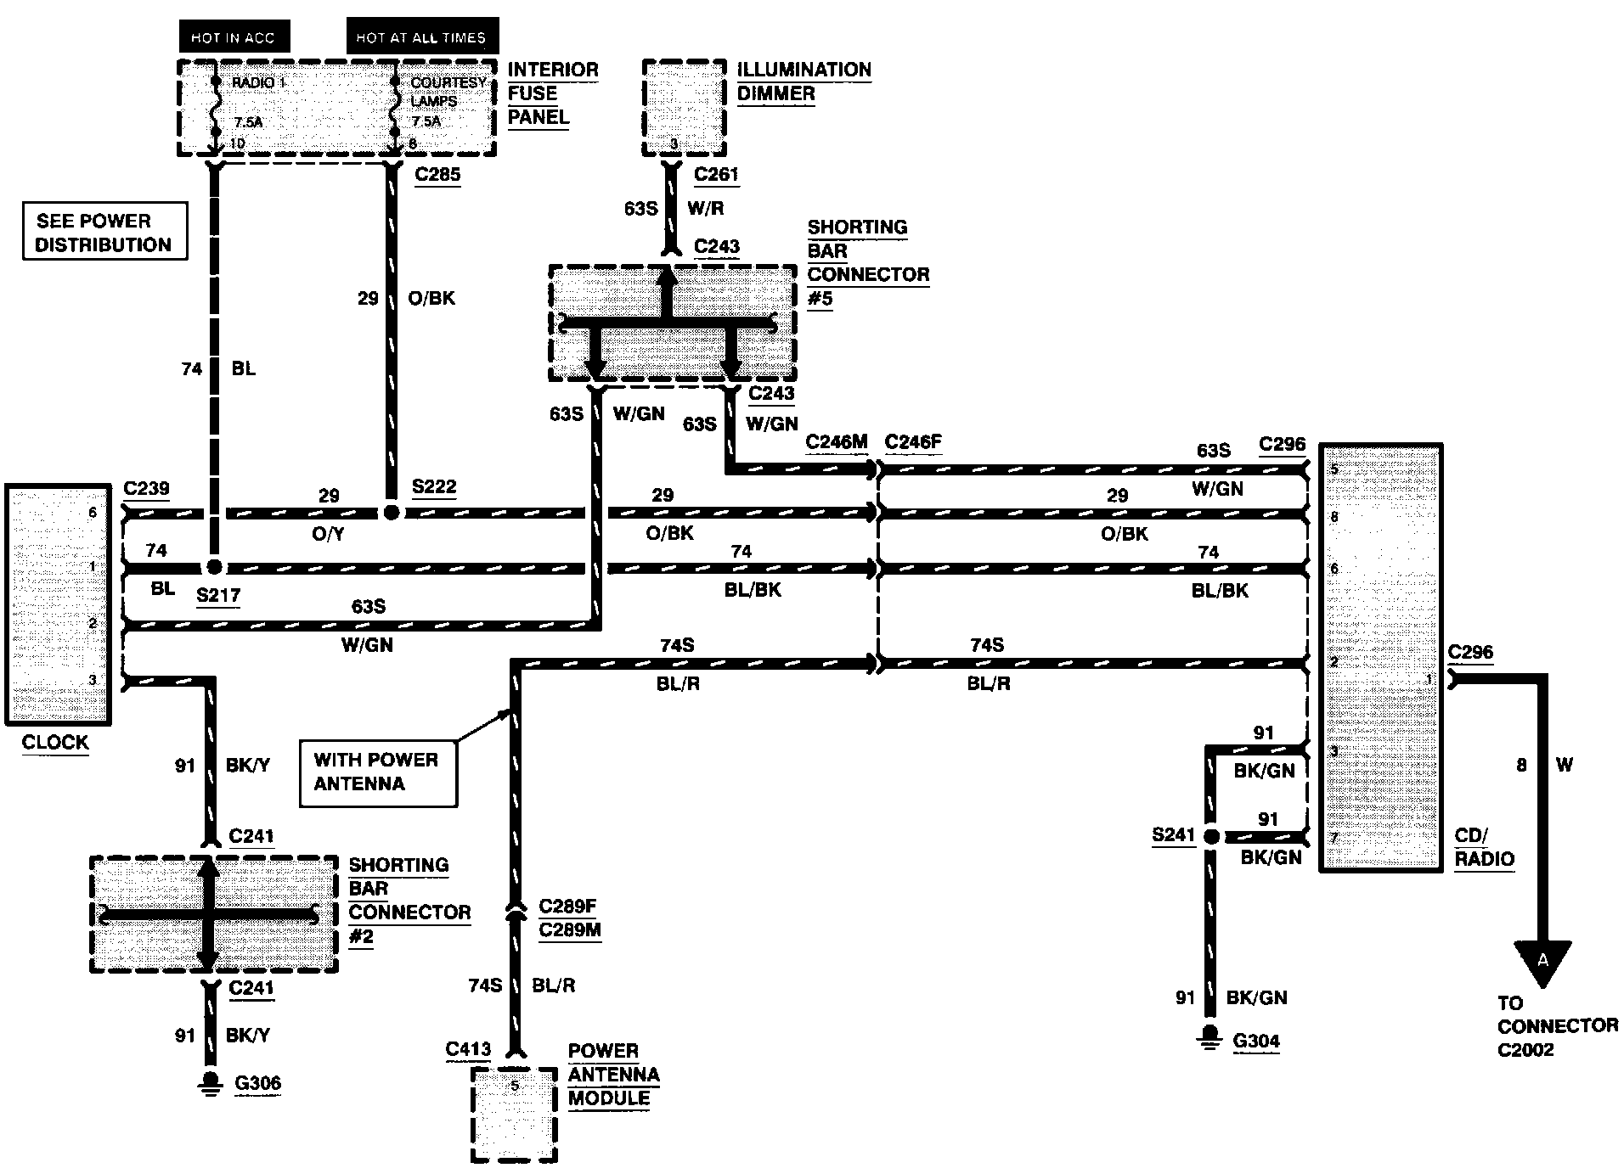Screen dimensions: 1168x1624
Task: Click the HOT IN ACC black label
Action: point(232,37)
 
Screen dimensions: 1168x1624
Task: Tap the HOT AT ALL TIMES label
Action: point(420,37)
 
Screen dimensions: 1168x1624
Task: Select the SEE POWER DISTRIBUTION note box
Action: point(104,232)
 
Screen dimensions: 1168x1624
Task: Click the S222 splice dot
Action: point(391,513)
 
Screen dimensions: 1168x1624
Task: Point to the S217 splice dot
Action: point(214,566)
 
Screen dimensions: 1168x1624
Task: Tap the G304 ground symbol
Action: point(1210,1037)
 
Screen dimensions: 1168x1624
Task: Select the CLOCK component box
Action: point(58,604)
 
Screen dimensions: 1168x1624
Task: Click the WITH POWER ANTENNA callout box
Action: point(378,772)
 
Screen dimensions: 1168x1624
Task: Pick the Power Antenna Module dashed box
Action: point(514,1114)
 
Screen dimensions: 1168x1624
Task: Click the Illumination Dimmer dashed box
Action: point(684,108)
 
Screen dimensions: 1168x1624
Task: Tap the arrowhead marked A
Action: point(1542,962)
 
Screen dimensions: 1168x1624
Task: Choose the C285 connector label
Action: point(437,175)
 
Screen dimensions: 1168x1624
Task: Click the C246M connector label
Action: point(837,441)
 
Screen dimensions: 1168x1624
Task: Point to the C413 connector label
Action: point(468,1050)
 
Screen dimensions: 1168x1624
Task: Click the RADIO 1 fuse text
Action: point(259,82)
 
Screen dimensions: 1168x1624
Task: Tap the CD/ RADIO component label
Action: point(1484,847)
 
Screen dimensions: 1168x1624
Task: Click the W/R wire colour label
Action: point(704,208)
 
